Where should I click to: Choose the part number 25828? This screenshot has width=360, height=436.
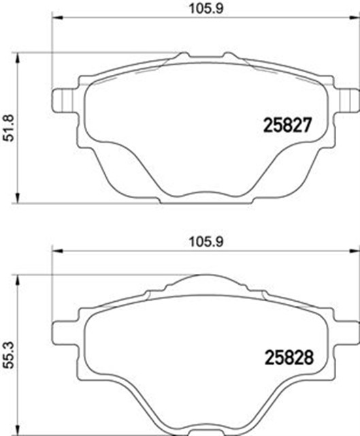(x=287, y=356)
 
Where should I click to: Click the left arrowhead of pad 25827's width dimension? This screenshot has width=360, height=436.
(x=57, y=20)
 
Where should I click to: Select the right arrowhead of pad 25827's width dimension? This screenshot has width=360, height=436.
(x=355, y=20)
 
